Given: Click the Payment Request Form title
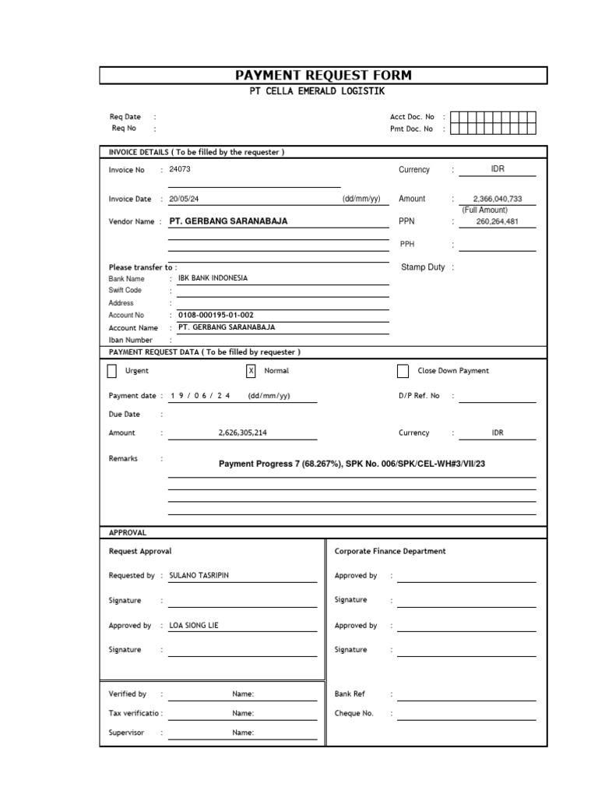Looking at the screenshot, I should point(323,76).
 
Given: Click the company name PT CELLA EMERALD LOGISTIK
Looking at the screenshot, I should point(323,92).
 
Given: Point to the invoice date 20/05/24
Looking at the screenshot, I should point(184,199).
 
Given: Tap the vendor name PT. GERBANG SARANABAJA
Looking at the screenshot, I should point(228,221).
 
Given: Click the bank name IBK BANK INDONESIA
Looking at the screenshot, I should point(213,278).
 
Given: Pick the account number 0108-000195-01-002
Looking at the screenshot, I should point(216,315).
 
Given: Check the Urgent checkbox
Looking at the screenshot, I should point(112,371).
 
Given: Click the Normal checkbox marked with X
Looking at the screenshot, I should point(251,371).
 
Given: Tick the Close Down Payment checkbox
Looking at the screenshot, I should point(403,371).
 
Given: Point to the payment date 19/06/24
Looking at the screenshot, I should point(199,396).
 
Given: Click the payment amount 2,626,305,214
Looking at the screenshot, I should point(248,433).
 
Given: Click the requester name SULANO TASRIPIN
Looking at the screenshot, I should point(199,576).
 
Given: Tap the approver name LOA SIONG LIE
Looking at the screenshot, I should point(195,626).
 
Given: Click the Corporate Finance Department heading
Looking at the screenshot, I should point(390,551).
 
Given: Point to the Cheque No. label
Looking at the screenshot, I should point(354,713).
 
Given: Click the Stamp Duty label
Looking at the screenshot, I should point(423,267).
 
